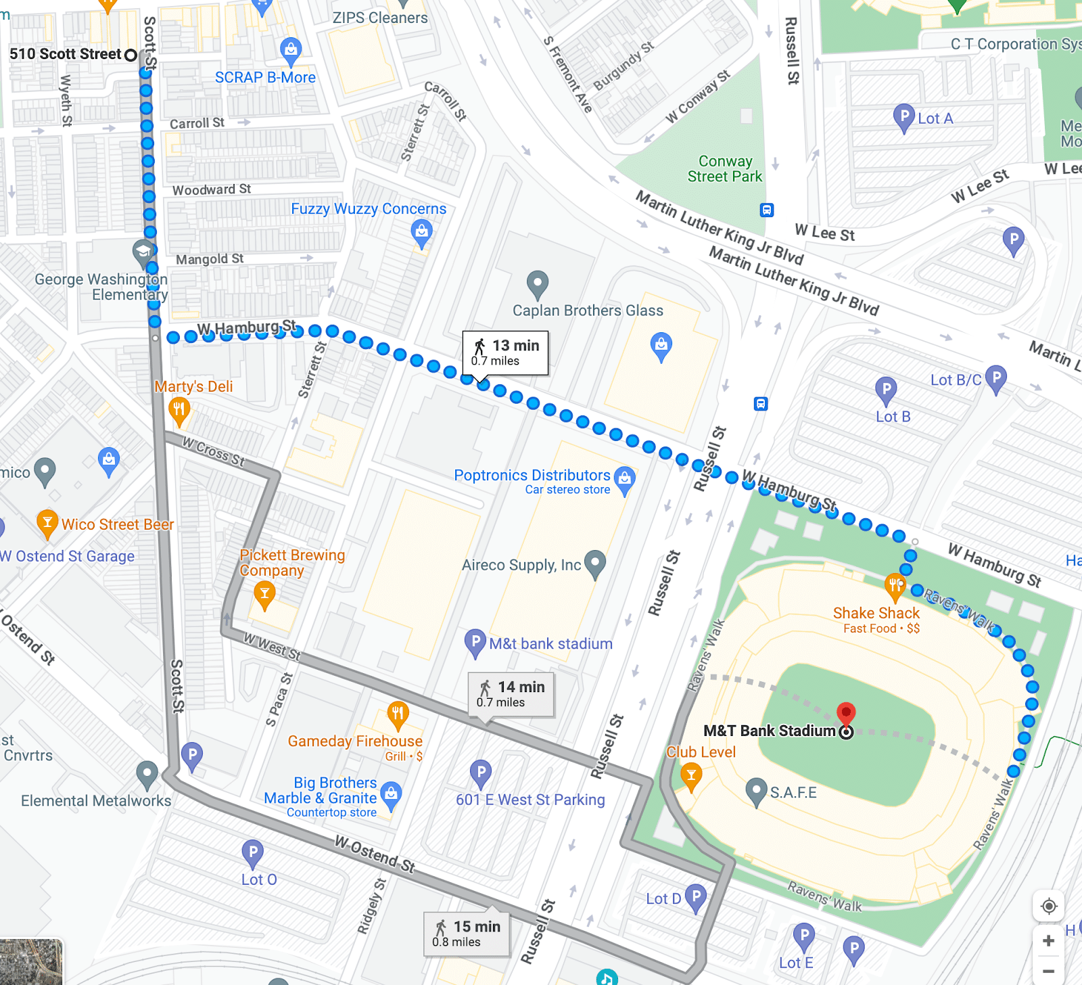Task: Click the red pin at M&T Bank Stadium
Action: click(846, 713)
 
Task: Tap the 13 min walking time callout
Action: click(505, 352)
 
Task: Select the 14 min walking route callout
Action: click(511, 693)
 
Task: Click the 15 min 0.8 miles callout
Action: click(467, 933)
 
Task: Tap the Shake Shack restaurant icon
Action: click(895, 585)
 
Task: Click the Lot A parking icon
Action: click(903, 117)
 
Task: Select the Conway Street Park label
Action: click(725, 168)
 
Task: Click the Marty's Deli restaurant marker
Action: click(179, 409)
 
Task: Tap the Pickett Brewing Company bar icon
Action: click(264, 595)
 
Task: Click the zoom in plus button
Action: click(1049, 940)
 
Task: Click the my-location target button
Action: click(1049, 906)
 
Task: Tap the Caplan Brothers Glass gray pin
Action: click(538, 283)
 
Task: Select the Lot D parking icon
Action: click(696, 896)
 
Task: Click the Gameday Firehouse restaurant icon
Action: click(398, 713)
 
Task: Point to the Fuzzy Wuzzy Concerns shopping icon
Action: click(421, 233)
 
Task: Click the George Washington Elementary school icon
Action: click(143, 252)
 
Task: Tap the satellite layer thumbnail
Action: click(31, 961)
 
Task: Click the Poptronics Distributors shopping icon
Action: click(625, 478)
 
